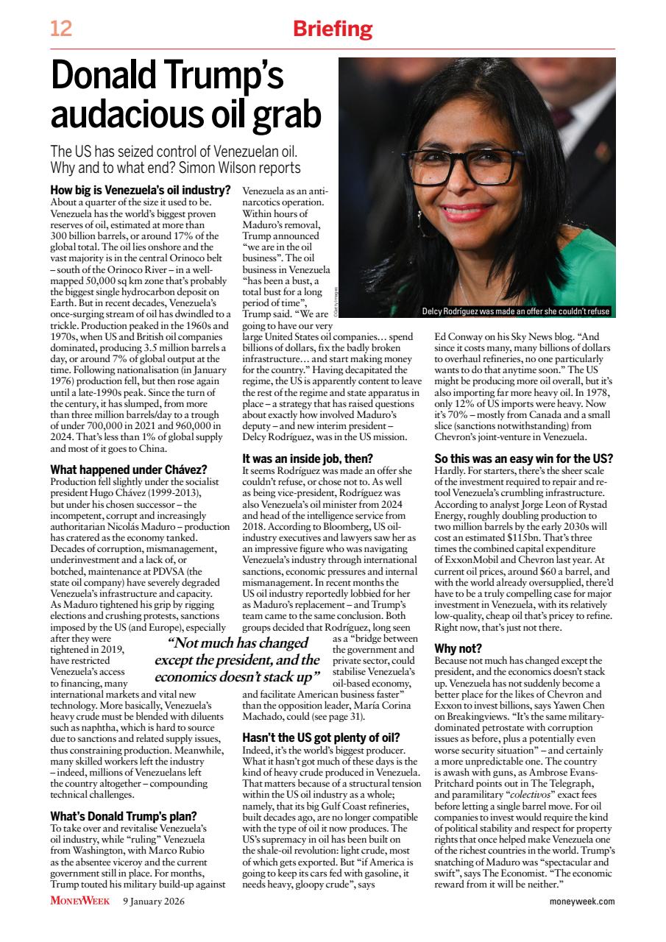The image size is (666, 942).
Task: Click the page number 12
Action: point(61,29)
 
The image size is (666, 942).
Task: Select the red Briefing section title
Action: point(333,29)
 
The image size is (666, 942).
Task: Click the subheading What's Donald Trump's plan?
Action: point(123,815)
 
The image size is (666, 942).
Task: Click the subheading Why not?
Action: point(458,648)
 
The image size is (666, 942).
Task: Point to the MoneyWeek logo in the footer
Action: point(80,901)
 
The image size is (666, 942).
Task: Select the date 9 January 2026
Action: point(154,901)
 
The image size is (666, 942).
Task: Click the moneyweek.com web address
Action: point(581,901)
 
